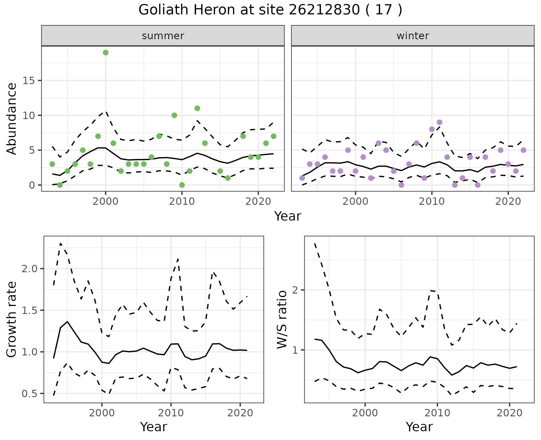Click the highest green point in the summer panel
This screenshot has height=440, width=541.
pos(106,52)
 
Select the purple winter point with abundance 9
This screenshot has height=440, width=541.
pos(439,122)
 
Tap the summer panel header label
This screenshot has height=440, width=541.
pos(163,36)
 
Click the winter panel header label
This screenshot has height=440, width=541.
pos(413,36)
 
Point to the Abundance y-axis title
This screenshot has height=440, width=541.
pos(12,118)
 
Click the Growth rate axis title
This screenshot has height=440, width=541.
pos(12,320)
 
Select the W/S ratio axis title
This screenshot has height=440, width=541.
pos(282,320)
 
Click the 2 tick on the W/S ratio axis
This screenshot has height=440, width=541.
pos(295,290)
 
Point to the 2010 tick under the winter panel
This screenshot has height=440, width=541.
pos(431,201)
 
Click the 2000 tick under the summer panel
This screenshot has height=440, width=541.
pos(106,201)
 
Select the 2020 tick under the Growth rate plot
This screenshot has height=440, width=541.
pos(240,413)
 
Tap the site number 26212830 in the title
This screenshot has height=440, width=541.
pos(324,10)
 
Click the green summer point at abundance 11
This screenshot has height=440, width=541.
pos(197,108)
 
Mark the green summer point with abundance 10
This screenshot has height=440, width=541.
pos(174,115)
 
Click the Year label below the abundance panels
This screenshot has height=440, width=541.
pos(288,216)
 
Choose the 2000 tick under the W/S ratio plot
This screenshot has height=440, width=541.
pos(365,413)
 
